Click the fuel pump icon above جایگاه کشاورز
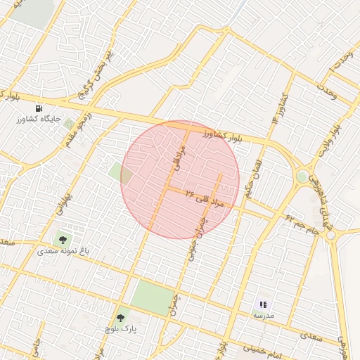click(39, 108)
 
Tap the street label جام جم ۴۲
click(302, 226)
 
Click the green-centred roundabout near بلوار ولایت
click(302, 176)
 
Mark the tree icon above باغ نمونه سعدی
click(63, 240)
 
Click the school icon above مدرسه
click(263, 304)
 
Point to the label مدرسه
click(263, 316)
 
